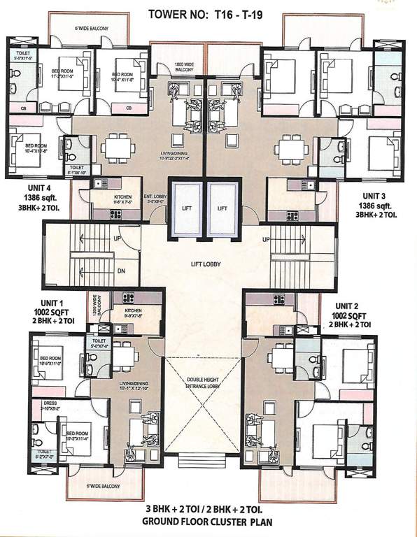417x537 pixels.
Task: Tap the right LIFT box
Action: tap(224, 208)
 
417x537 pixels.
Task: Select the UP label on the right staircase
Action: tap(267, 240)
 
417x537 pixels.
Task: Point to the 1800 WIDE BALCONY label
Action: tap(184, 68)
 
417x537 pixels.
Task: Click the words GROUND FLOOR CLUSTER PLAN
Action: tap(203, 521)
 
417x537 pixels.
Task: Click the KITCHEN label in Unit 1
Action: tap(133, 310)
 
